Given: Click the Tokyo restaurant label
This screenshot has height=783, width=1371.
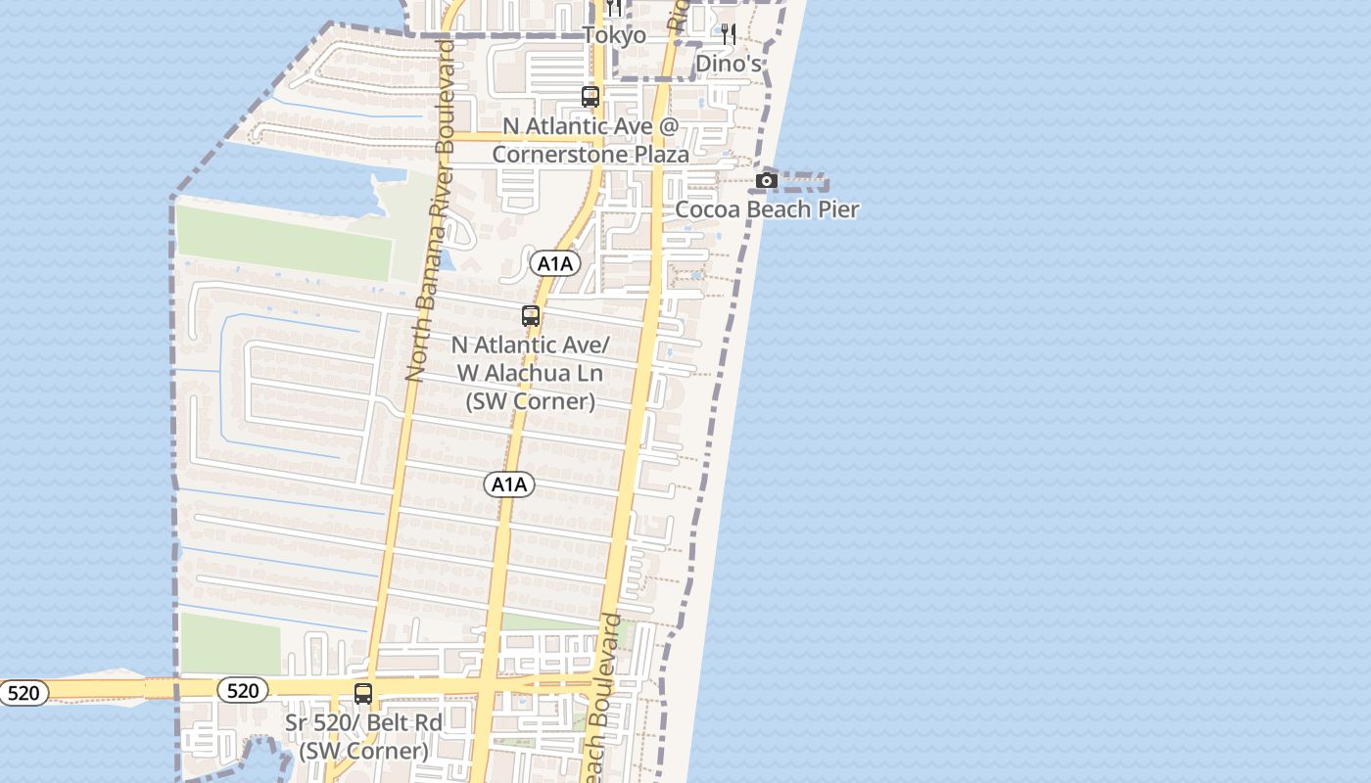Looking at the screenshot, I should point(614,35).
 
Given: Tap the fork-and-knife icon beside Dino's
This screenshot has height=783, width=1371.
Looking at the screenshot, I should point(728,34).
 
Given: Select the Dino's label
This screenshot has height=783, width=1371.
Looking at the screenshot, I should point(729,64).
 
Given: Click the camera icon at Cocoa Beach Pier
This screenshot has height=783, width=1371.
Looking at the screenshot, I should point(767,180).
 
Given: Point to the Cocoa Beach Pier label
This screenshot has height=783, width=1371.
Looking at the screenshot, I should point(767,209).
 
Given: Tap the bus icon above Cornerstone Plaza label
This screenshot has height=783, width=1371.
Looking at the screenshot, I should point(590,97).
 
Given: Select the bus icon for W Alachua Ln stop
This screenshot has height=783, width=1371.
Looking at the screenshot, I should point(531,316).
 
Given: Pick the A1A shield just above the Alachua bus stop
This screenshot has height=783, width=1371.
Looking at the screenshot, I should point(555,263).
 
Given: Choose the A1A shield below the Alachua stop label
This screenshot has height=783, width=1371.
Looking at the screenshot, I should point(509,484).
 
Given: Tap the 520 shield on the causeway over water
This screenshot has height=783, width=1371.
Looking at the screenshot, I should point(23,694).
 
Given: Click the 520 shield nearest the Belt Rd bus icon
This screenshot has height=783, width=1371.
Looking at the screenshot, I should point(242,691).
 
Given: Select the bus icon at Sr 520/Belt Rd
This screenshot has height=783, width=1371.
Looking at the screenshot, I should point(363,694).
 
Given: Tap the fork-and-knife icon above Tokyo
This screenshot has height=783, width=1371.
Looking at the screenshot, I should point(613,8).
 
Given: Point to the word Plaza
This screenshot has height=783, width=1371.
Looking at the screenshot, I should point(663,155).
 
